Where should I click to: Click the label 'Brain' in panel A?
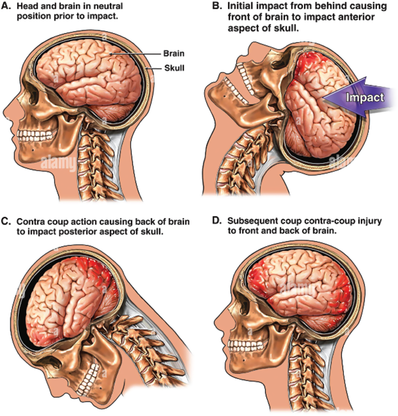tap(174, 53)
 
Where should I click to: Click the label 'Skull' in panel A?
tap(174, 68)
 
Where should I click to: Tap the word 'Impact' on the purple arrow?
tap(365, 97)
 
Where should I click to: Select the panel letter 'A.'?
tap(7, 6)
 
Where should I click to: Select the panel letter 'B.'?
tap(217, 6)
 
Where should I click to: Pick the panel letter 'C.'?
tap(6, 222)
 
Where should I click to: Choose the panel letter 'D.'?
tap(217, 221)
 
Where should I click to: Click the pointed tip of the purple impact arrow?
tap(323, 97)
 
